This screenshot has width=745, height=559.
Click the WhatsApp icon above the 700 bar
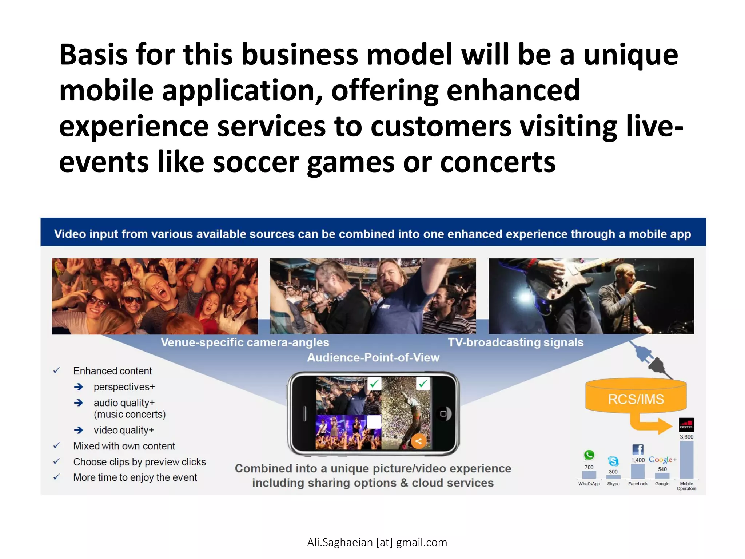[589, 455]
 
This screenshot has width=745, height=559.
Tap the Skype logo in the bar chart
[613, 461]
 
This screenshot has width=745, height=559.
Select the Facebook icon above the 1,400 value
[638, 449]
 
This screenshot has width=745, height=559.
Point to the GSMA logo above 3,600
[686, 425]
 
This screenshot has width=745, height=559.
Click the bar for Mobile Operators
[686, 460]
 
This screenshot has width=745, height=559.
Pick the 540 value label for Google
[662, 469]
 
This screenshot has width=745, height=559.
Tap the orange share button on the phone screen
[419, 441]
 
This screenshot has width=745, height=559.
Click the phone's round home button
[443, 413]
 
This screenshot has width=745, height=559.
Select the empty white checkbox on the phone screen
[374, 421]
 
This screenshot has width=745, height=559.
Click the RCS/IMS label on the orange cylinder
[636, 399]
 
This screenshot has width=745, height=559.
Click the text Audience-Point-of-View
[373, 357]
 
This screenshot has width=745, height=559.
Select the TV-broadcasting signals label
[515, 342]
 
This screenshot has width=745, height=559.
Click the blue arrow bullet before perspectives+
[79, 387]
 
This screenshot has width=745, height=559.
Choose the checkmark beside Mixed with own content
[56, 446]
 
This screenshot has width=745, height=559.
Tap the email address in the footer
[377, 542]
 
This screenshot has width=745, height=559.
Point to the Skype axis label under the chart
[613, 484]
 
